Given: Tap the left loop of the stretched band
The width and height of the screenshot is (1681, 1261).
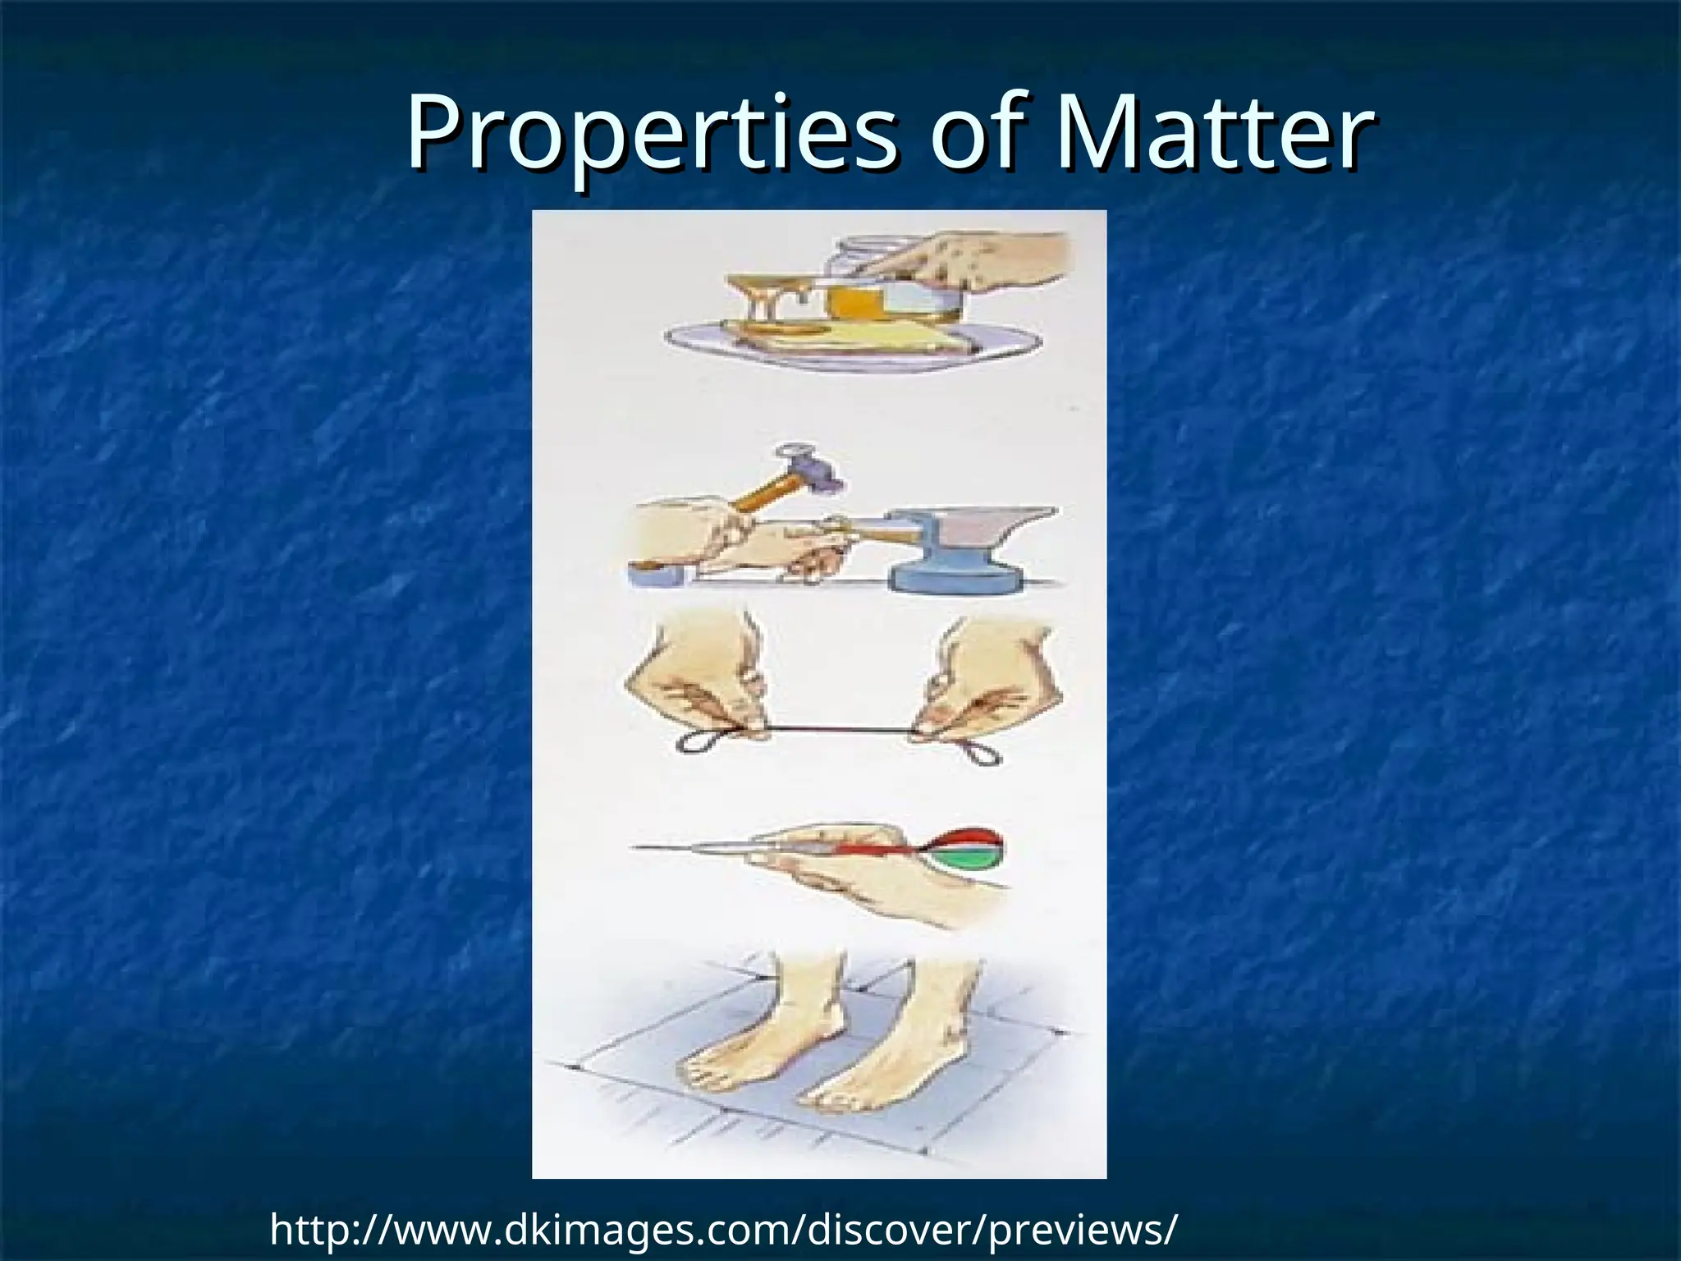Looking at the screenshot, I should click(698, 739).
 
